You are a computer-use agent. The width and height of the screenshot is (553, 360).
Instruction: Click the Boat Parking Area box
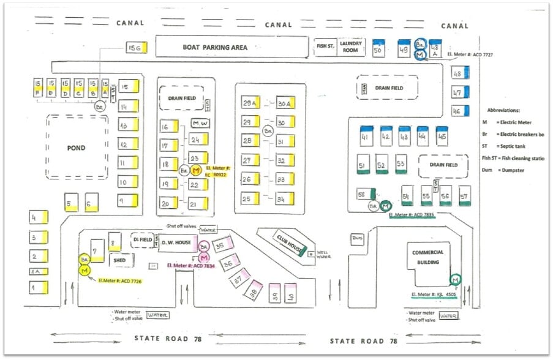coord(231,47)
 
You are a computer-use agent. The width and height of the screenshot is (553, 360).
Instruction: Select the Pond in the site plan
coord(78,148)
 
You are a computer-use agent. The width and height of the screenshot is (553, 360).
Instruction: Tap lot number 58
coord(364,194)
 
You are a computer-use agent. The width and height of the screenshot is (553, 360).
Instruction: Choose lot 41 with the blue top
coord(366,136)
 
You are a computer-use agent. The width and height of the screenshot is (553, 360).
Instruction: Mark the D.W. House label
coord(177,243)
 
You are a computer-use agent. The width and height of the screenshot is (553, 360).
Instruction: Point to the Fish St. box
coord(325,47)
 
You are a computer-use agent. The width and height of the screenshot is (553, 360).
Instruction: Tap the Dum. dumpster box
coord(358,238)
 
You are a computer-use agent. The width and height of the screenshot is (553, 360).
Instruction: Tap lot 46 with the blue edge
coord(457,111)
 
